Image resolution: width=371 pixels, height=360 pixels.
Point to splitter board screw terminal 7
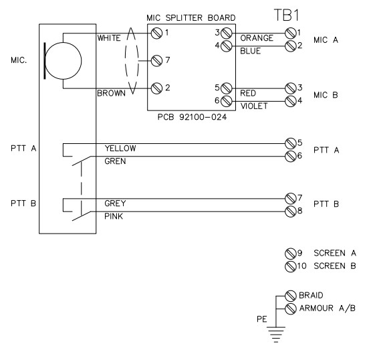156,61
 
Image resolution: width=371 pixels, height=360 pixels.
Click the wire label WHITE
109,38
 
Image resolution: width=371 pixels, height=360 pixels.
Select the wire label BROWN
110,94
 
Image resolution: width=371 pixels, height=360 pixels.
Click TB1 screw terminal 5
290,143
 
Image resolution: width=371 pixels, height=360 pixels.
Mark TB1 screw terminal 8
290,211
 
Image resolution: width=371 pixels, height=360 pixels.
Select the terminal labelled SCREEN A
290,254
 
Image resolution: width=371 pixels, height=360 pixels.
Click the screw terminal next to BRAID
290,295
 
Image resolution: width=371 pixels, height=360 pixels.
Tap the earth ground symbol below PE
275,331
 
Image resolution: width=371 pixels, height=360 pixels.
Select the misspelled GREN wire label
114,161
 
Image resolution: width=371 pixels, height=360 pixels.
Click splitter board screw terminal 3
226,32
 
